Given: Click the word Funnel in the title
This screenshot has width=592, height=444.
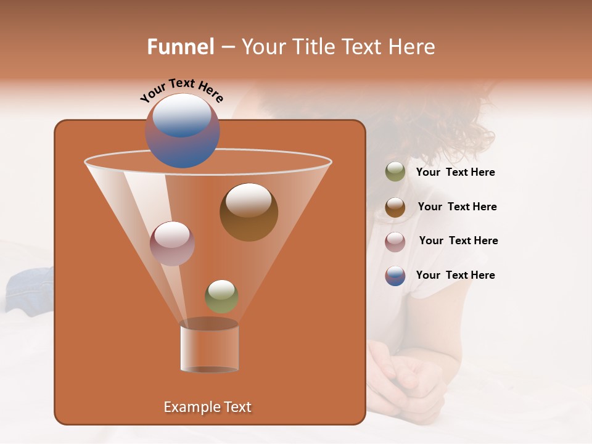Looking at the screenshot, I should click(x=180, y=47).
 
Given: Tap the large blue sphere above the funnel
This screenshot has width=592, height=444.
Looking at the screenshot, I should click(x=183, y=131).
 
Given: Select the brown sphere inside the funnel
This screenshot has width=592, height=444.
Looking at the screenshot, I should click(x=249, y=212).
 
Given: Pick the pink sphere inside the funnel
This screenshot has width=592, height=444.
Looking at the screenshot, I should click(x=172, y=244).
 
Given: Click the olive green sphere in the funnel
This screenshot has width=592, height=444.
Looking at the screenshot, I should click(x=221, y=297).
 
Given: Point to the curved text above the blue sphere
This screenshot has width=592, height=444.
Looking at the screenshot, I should click(x=181, y=89).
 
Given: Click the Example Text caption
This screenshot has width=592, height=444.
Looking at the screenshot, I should click(x=207, y=407).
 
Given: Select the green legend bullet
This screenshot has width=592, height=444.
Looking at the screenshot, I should click(x=395, y=172).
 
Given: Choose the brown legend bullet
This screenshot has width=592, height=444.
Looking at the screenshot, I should click(x=395, y=207).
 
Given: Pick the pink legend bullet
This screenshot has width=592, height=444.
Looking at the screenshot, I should click(x=395, y=242).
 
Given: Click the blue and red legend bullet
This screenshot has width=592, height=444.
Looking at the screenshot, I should click(x=395, y=276).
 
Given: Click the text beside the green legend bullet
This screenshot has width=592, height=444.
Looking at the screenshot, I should click(x=455, y=173).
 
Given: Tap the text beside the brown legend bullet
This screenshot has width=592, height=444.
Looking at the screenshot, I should click(x=457, y=207).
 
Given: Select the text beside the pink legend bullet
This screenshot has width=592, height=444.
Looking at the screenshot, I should click(x=458, y=241).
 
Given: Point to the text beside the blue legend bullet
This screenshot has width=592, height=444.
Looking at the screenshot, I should click(x=455, y=276).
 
